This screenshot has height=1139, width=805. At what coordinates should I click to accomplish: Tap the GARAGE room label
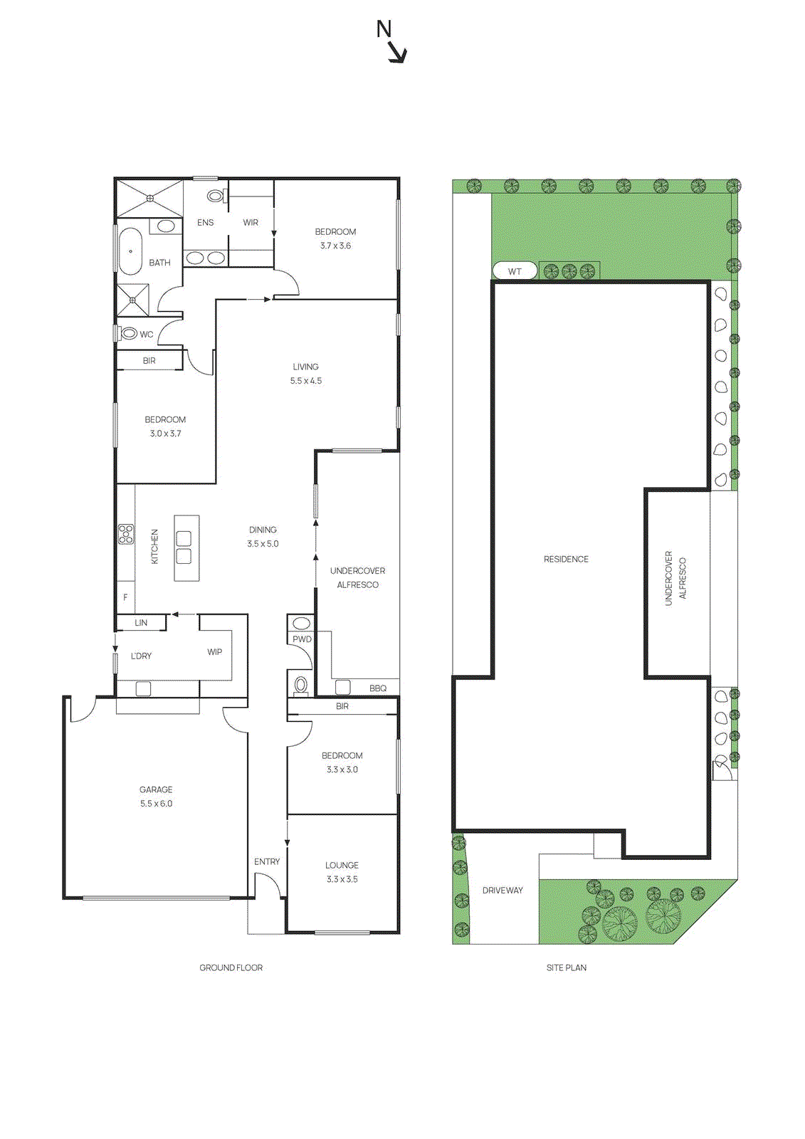point(156,789)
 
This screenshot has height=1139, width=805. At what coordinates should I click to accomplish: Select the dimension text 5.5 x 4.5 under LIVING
point(305,381)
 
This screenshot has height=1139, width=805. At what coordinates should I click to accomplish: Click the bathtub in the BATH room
point(130,251)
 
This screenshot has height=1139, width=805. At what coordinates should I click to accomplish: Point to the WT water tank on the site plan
point(515,271)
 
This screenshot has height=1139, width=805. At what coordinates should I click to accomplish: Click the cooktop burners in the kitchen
point(126,534)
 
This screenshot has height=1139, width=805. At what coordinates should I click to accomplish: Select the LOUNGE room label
point(342,865)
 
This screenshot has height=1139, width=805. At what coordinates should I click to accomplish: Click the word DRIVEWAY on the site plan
point(503,891)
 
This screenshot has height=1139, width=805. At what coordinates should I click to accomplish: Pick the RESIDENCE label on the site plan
point(566,560)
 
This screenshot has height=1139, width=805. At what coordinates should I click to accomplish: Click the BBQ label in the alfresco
point(378,688)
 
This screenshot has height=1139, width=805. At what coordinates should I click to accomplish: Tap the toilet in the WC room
point(130,333)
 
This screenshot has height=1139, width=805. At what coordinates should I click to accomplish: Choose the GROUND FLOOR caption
point(231,967)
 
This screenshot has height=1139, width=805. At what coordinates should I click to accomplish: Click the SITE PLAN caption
point(567,967)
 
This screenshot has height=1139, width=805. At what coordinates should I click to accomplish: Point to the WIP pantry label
point(214,652)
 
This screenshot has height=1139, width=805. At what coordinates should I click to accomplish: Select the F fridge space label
point(125,598)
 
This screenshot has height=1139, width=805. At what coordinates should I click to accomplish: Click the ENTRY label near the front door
point(267,861)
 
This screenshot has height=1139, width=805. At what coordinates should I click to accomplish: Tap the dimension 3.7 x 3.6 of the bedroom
point(335,246)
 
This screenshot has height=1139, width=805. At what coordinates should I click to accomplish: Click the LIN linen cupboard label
point(141,623)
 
